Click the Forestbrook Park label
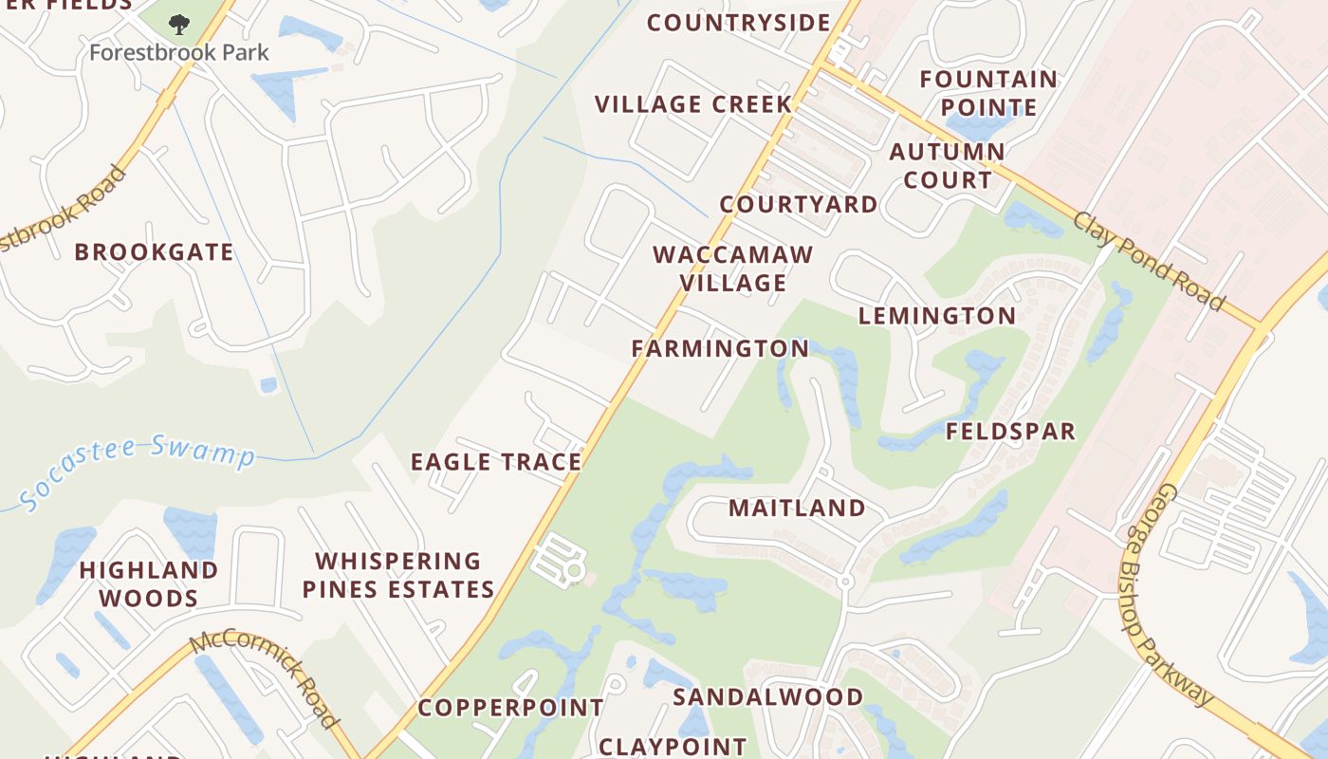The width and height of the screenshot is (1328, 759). pyautogui.click(x=179, y=52)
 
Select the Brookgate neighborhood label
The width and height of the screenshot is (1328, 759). pyautogui.click(x=154, y=252)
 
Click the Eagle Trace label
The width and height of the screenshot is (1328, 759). pyautogui.click(x=495, y=462)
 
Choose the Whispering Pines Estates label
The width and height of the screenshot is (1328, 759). pyautogui.click(x=398, y=575)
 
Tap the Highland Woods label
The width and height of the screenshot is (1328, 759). pyautogui.click(x=149, y=583)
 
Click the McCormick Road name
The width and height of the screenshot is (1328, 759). pyautogui.click(x=265, y=679)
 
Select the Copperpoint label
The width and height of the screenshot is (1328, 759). pyautogui.click(x=510, y=708)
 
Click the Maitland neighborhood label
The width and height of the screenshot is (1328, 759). pyautogui.click(x=797, y=508)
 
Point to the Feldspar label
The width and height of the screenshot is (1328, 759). pyautogui.click(x=1010, y=432)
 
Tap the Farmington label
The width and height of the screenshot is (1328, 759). pyautogui.click(x=720, y=348)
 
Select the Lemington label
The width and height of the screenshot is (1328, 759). pyautogui.click(x=936, y=316)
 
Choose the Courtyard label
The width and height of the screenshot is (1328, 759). pyautogui.click(x=799, y=204)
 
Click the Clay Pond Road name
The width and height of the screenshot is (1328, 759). pyautogui.click(x=1149, y=260)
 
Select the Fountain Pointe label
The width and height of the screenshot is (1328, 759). pyautogui.click(x=987, y=93)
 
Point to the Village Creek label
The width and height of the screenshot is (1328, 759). pyautogui.click(x=692, y=104)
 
